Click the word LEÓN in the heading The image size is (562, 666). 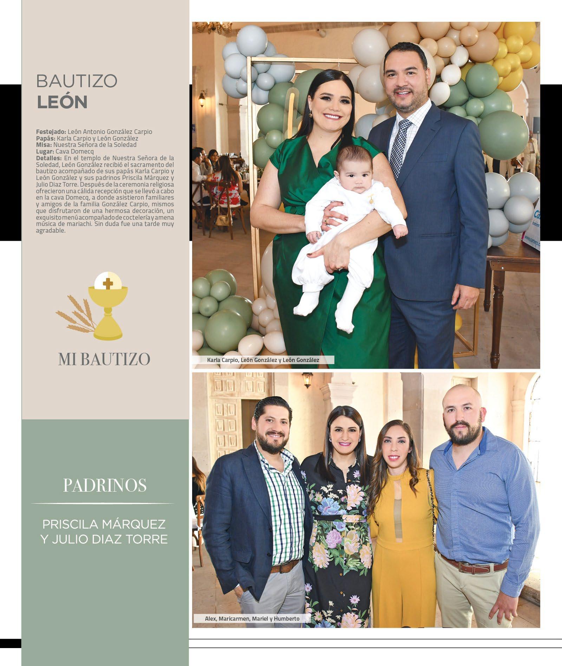[62, 102]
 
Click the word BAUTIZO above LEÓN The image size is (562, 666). [77, 81]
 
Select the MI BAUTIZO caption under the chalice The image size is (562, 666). [104, 359]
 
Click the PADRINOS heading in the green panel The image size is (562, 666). [105, 485]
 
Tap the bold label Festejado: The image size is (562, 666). [51, 132]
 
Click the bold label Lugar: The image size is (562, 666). [45, 151]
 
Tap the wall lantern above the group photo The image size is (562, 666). [308, 380]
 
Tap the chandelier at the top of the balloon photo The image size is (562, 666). [208, 26]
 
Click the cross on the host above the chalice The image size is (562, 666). [108, 282]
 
